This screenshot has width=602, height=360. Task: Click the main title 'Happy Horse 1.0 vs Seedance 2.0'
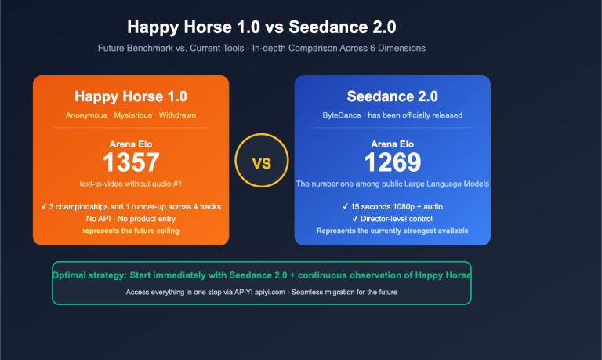point(261,27)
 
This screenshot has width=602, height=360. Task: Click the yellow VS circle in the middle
point(261,163)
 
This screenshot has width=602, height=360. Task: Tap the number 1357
point(131,162)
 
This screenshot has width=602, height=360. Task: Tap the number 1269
point(392,162)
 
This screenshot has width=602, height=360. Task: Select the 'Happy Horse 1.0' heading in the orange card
point(131,96)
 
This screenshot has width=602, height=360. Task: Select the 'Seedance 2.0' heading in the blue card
point(392,96)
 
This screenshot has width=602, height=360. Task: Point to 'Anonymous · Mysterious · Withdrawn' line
point(131,115)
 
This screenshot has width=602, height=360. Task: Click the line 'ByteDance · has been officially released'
point(392,115)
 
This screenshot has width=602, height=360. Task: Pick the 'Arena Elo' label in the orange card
point(131,144)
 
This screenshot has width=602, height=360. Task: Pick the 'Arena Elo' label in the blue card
point(392,144)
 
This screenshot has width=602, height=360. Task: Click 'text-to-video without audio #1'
point(131,184)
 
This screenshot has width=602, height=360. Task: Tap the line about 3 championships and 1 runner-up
point(131,207)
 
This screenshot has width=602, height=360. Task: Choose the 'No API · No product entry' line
point(131,219)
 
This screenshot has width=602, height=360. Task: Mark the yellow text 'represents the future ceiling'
point(131,231)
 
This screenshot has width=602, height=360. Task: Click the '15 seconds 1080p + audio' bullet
point(392,207)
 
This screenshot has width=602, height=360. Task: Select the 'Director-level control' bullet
point(392,219)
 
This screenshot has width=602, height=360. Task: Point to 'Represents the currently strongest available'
point(392,231)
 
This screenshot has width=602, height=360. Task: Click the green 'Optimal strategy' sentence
point(261,275)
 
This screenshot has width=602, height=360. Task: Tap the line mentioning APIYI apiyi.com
point(261,292)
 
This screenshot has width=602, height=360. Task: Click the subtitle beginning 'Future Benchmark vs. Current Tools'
point(261,49)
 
